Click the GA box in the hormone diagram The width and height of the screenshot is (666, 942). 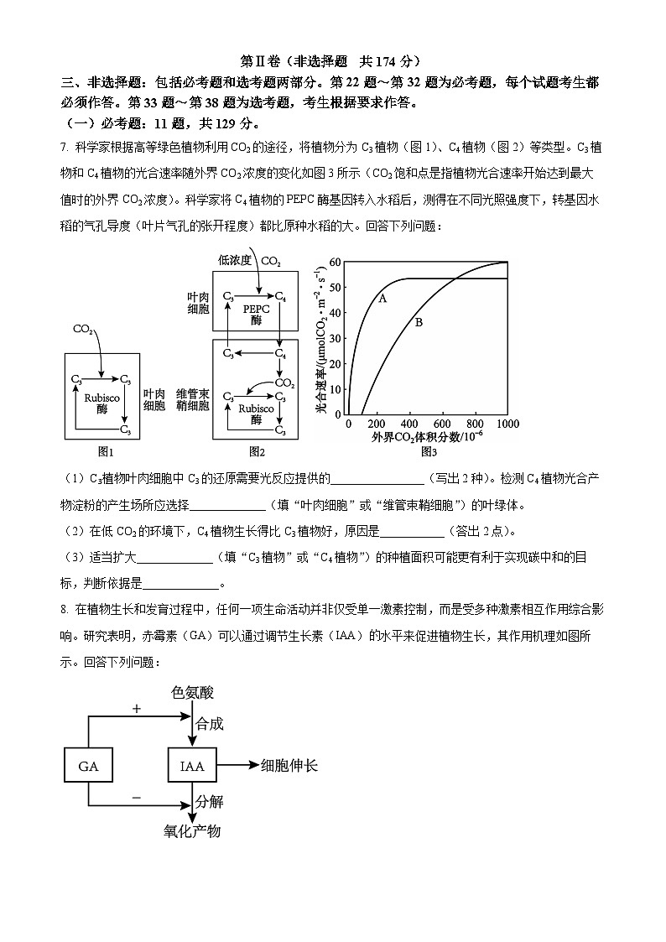click(89, 766)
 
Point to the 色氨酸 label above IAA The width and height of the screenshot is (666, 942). click(192, 693)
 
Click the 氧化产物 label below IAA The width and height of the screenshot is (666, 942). click(192, 831)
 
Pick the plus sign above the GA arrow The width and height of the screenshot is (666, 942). click(137, 709)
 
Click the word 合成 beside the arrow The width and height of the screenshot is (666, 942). click(210, 724)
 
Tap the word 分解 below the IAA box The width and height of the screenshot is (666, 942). click(210, 801)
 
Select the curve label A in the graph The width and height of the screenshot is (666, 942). click(382, 298)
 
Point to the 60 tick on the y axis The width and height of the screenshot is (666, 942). click(335, 263)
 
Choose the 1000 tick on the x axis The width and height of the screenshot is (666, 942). click(507, 424)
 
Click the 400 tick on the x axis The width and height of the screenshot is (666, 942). click(411, 424)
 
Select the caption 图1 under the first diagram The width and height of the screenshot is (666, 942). click(105, 452)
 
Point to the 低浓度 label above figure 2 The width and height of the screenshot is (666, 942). click(236, 261)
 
